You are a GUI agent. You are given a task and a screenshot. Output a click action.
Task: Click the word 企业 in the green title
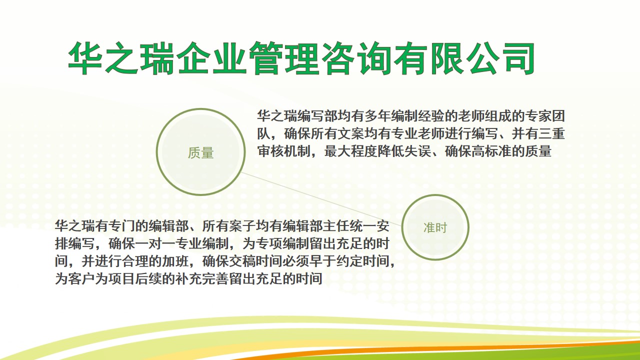[x=211, y=58]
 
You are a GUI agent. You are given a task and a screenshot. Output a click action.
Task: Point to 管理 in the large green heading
[x=284, y=58]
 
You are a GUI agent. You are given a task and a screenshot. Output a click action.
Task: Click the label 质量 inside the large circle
[x=200, y=153]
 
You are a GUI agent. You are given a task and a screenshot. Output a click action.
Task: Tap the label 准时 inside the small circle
[x=435, y=227]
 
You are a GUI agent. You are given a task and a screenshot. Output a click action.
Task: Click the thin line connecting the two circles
[x=321, y=199]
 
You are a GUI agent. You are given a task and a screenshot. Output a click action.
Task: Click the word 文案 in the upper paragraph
[x=350, y=133]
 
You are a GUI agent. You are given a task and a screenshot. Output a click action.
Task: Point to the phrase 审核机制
[x=284, y=151]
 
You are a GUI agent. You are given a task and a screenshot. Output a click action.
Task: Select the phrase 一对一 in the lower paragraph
[x=155, y=244]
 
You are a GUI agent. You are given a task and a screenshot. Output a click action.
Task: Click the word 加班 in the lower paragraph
[x=175, y=261]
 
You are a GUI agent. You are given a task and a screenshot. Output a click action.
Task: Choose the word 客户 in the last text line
[x=81, y=279]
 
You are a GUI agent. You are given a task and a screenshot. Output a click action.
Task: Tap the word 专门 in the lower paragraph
[x=121, y=226]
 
